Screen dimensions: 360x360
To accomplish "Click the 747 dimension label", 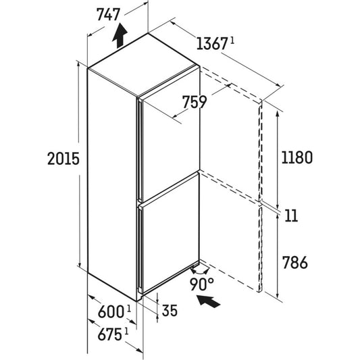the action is coord(108,15).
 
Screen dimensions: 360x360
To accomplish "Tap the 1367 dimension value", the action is coord(211,44).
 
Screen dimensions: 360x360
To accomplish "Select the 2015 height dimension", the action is coord(63,159).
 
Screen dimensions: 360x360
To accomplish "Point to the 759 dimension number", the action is coord(195,102).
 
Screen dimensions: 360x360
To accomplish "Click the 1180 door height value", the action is coord(297,157).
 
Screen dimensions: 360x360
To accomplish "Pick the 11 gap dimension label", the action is coord(291,215).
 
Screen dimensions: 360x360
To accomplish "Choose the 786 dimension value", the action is coord(294,263).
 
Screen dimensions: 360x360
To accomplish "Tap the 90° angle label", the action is coord(201,284).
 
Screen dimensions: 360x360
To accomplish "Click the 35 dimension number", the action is coord(170,311).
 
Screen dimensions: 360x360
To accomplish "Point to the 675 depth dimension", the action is coord(109,334).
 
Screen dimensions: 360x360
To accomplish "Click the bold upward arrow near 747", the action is coord(120,35).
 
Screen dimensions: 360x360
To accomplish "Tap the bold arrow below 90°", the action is coord(209,301).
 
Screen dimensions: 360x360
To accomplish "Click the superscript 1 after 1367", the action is coord(232,41).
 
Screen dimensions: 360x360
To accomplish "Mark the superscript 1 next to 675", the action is coord(126,332).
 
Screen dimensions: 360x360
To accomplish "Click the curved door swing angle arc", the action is coord(199,271).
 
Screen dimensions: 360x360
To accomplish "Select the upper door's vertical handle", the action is coord(139,149).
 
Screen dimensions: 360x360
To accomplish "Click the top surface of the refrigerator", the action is coord(143,64).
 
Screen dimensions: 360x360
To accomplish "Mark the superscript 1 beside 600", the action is coord(129,309).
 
